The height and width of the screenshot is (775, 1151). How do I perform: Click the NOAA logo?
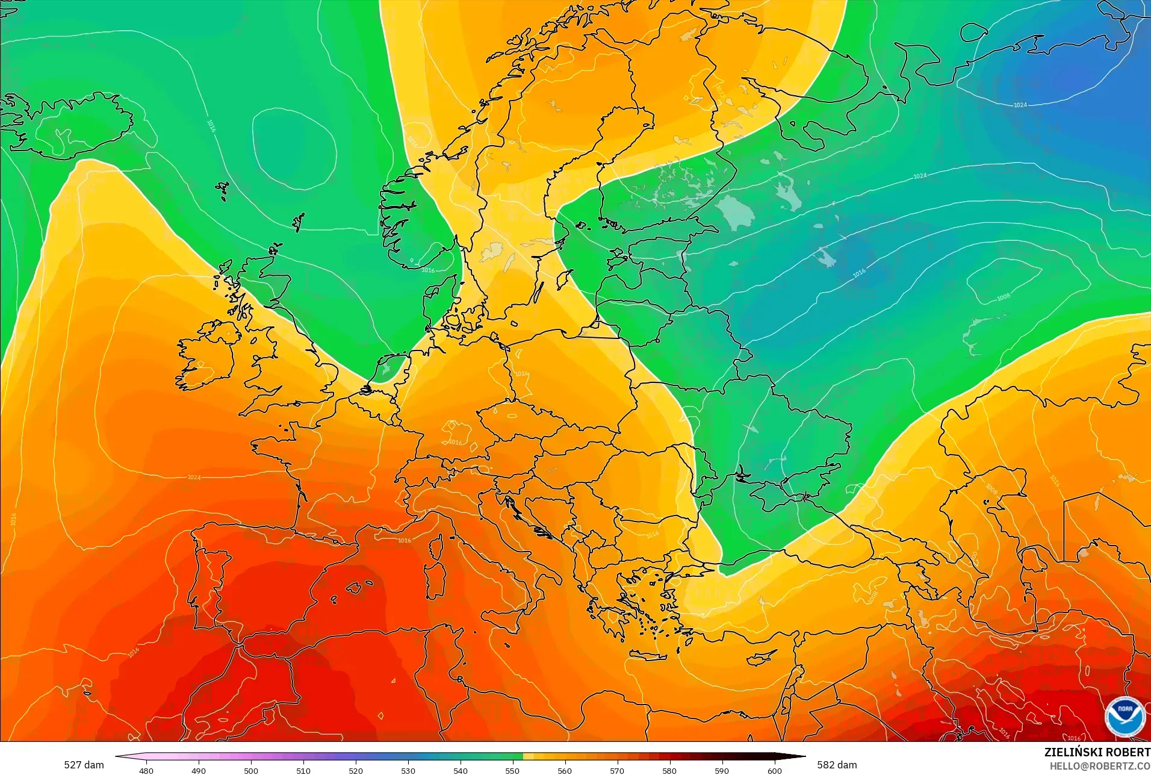coord(1125,716)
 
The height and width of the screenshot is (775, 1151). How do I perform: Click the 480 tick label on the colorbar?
coord(146,770)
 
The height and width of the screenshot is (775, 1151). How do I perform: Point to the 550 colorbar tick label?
coord(512,770)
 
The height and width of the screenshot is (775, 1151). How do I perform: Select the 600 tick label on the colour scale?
coord(774,770)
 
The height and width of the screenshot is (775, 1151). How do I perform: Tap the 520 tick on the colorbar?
coord(356,770)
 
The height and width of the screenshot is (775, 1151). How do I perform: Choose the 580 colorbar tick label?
coord(669,770)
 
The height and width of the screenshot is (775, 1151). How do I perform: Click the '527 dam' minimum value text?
coord(84,765)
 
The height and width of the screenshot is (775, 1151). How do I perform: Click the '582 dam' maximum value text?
coord(837,765)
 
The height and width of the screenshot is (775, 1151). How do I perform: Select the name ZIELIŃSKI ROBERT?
coord(1097,752)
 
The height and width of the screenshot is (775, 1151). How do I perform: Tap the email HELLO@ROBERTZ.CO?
coord(1100,766)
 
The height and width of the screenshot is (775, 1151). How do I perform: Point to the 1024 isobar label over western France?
coord(194,477)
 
